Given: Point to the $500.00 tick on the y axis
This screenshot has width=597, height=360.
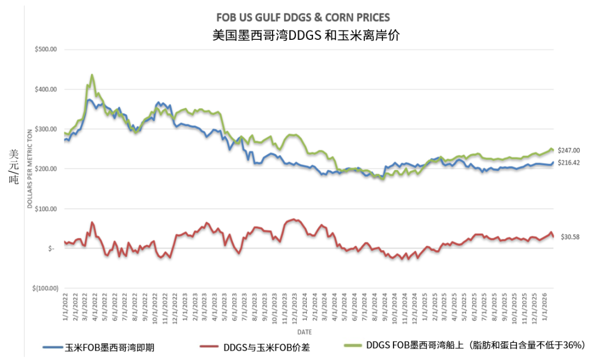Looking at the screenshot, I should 45,49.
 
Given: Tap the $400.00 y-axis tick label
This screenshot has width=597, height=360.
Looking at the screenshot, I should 45,89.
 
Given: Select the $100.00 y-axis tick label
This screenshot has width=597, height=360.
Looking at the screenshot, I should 45,209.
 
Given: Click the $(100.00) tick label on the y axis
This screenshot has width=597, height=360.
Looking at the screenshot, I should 44,289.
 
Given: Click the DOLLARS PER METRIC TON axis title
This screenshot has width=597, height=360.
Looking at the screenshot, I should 30,168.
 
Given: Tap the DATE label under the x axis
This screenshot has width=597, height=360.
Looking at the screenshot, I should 304,332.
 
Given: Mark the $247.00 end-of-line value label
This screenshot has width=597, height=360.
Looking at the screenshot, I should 569,150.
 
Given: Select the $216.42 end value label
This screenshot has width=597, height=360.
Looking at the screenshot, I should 569,163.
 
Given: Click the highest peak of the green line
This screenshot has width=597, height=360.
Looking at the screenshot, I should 92,75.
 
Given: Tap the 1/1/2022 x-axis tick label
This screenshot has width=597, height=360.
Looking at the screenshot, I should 65,313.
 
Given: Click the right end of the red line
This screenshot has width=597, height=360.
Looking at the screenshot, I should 553,237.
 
